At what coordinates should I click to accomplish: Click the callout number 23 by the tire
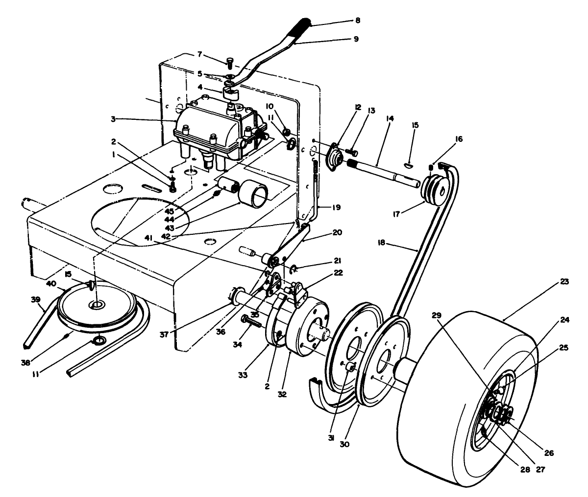click(564, 282)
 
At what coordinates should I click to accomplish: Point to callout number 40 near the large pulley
click(51, 284)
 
